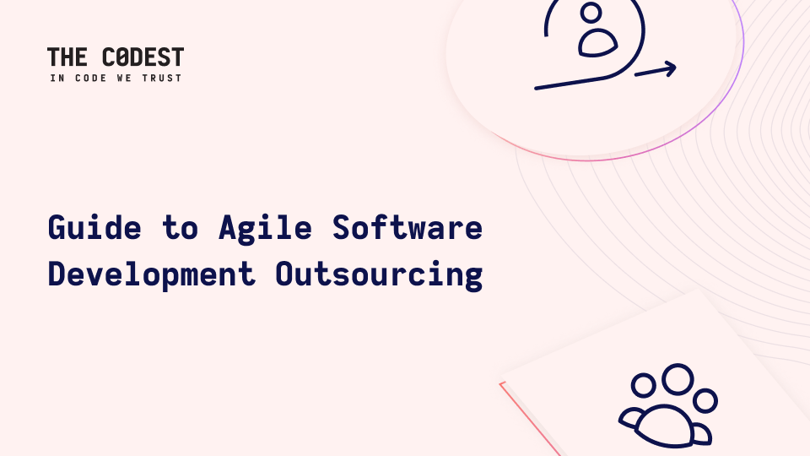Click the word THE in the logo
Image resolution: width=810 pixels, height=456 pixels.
(67, 57)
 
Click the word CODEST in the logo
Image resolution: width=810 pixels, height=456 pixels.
(143, 57)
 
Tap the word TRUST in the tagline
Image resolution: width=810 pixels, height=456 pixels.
(162, 78)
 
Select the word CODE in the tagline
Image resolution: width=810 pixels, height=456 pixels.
(91, 78)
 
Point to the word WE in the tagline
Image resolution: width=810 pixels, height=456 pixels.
(125, 78)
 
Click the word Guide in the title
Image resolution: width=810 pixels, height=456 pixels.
(94, 227)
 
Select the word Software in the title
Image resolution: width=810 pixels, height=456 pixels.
(407, 227)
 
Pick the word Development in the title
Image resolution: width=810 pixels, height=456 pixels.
(152, 274)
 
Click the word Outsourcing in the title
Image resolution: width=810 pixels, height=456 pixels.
(379, 274)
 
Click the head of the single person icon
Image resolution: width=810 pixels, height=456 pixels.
(591, 13)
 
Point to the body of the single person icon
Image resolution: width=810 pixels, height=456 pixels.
(597, 43)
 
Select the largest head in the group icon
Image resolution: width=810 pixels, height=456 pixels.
(678, 379)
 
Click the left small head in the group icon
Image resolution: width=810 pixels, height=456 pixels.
(644, 386)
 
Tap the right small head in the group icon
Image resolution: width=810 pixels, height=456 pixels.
(705, 400)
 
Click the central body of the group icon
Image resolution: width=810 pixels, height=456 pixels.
(665, 426)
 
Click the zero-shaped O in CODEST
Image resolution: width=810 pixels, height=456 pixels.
(122, 57)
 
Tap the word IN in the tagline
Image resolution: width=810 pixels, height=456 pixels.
(57, 78)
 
